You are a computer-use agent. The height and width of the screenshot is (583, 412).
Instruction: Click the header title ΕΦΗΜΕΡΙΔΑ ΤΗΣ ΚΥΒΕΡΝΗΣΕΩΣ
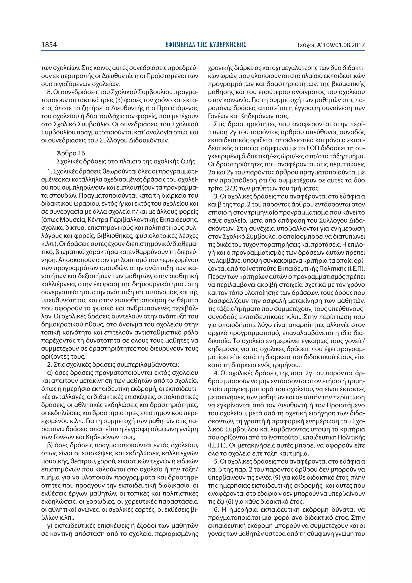pyautogui.click(x=206, y=45)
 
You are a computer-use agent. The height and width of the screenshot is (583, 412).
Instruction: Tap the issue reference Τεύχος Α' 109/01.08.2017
pyautogui.click(x=331, y=45)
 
